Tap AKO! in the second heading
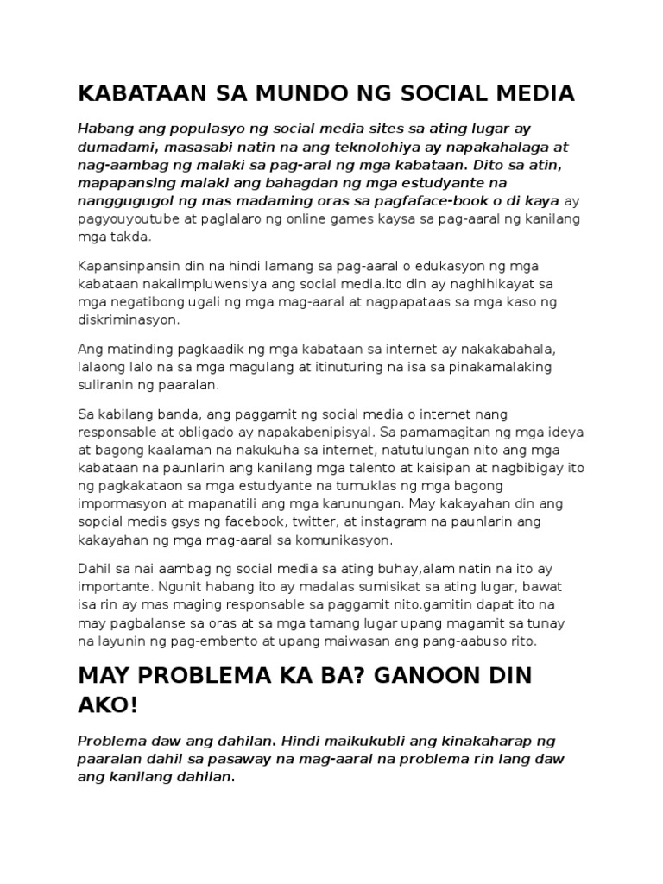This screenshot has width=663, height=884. click(108, 707)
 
